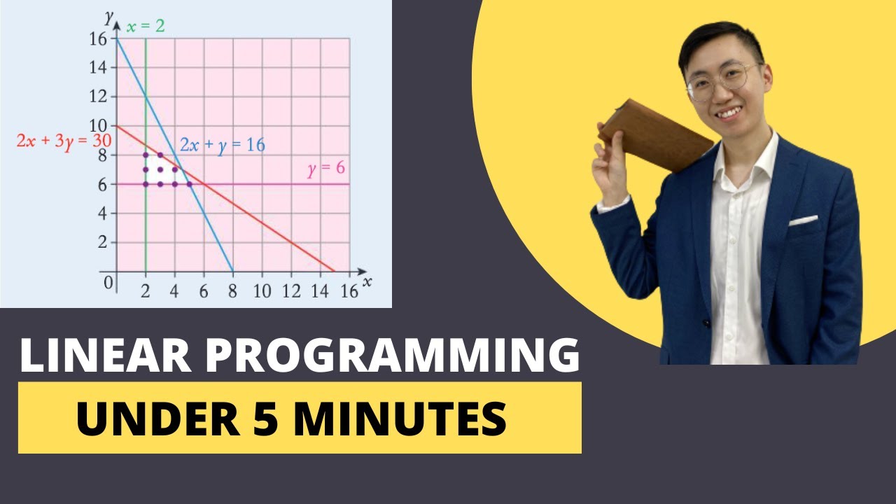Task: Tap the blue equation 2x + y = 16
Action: click(222, 146)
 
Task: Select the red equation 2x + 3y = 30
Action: click(64, 139)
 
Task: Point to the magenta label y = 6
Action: click(325, 169)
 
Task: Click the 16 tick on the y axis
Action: click(98, 39)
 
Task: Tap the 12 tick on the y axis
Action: click(98, 97)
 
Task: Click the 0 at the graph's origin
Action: click(107, 283)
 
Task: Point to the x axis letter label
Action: click(367, 281)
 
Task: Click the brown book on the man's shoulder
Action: click(654, 134)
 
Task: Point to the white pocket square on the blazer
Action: click(803, 220)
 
